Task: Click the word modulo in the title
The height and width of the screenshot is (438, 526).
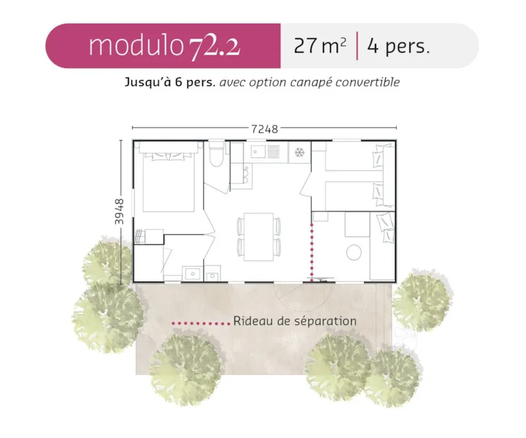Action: [135, 46]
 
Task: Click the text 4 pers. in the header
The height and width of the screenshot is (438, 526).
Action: [398, 47]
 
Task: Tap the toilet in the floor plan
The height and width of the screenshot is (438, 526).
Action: [217, 155]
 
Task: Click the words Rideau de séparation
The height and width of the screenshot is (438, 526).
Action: [295, 322]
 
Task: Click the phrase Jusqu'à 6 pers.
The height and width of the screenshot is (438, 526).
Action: [170, 83]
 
